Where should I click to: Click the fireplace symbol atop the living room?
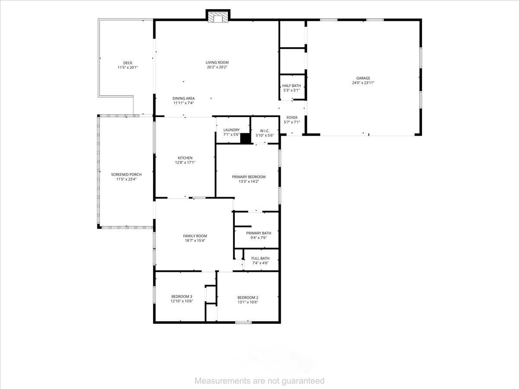pos(218,16)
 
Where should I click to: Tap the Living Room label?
pos(217,63)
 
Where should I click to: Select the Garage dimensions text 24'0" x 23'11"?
pos(363,83)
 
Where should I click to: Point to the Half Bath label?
pos(292,86)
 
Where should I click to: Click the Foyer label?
pos(292,118)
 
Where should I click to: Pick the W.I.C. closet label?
pos(265,131)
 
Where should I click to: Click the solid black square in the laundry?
pos(245,138)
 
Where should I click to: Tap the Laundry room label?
pos(231,130)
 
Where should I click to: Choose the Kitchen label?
pos(185,158)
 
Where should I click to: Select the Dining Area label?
pos(183,99)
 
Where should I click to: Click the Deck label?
pos(128,63)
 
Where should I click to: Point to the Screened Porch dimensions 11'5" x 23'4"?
pos(126,179)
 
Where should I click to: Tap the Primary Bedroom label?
pos(249,177)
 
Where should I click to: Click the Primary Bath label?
pos(259,233)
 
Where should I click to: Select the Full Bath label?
pos(260,258)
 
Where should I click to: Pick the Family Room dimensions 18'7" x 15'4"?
pos(195,241)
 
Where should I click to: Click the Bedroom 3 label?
pos(182,297)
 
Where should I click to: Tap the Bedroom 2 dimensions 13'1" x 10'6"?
pos(248,302)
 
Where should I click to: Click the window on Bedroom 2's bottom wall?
pos(243,322)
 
